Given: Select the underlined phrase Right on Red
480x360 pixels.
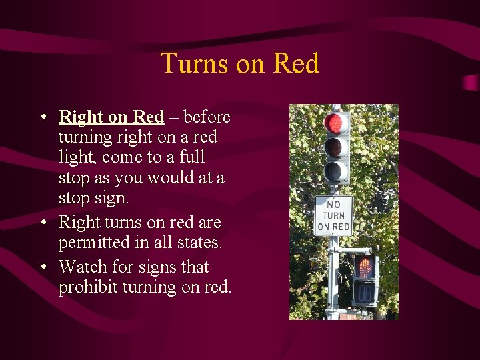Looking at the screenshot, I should click(111, 117).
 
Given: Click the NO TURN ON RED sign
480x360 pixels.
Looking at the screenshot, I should click(333, 215).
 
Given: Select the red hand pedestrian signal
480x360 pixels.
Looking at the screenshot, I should click(365, 267).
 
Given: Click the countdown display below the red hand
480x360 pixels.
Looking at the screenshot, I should click(365, 291).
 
